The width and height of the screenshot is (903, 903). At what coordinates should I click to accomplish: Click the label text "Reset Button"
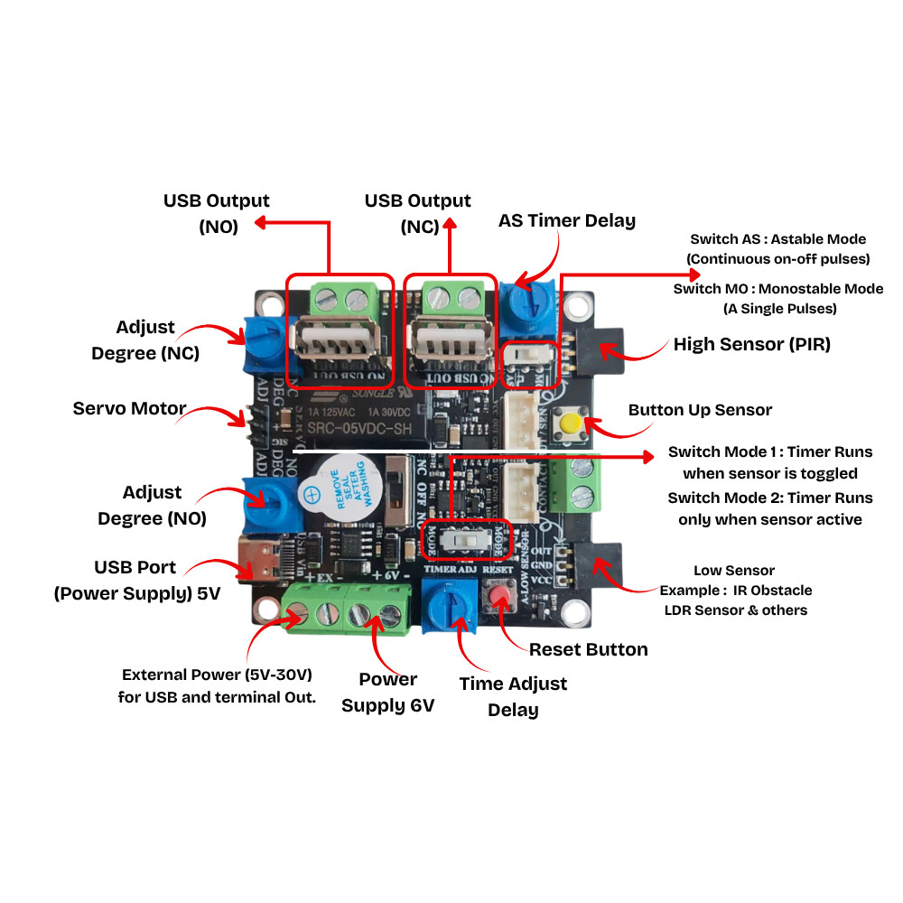588,649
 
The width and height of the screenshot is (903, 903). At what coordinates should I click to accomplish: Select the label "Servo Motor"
129,409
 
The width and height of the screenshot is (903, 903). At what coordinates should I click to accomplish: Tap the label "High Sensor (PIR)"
751,344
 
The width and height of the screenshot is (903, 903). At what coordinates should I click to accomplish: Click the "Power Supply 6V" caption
388,693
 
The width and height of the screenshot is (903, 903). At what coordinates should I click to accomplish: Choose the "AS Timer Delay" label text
567,221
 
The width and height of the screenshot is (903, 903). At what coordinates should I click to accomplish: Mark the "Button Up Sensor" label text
700,410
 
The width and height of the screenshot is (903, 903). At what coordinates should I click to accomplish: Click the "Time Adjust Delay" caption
513,696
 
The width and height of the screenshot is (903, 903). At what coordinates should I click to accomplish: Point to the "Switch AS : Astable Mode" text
777,239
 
